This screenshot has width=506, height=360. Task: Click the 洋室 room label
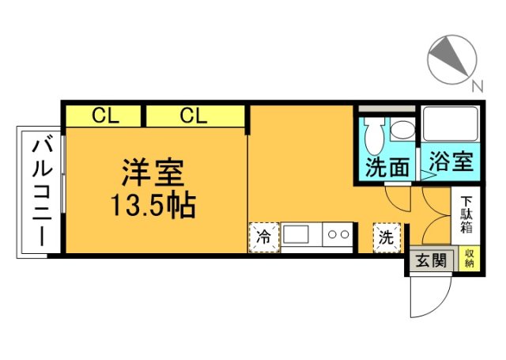coord(153,172)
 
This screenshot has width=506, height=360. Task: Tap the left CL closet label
coord(104,116)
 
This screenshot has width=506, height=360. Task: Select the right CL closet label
coord(193,116)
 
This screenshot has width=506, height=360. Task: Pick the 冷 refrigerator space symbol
coord(263,237)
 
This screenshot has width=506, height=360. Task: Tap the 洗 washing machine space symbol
coord(387,237)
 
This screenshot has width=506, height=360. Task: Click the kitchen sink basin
coord(297,235)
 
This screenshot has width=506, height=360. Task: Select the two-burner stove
coord(338,235)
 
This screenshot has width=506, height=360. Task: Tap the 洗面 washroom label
coord(387,166)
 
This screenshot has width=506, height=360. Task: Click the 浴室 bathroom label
coord(451,162)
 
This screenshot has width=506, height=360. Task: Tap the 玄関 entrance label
coord(432,260)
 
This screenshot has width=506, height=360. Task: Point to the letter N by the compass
coord(477,86)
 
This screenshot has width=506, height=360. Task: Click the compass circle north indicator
coord(452,57)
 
